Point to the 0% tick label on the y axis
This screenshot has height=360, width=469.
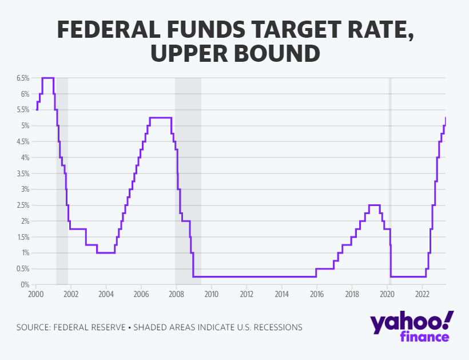coord(25,284)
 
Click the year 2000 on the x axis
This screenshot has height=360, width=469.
coord(35,294)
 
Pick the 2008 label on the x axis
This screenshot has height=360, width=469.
coord(176,294)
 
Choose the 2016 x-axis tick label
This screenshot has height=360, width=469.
coord(317,294)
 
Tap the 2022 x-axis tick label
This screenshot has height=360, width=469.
coord(422,294)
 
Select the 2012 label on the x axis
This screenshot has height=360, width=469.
coord(247,294)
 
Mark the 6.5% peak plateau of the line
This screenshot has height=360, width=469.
coord(48,78)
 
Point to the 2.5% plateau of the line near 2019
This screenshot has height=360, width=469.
coord(375,205)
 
